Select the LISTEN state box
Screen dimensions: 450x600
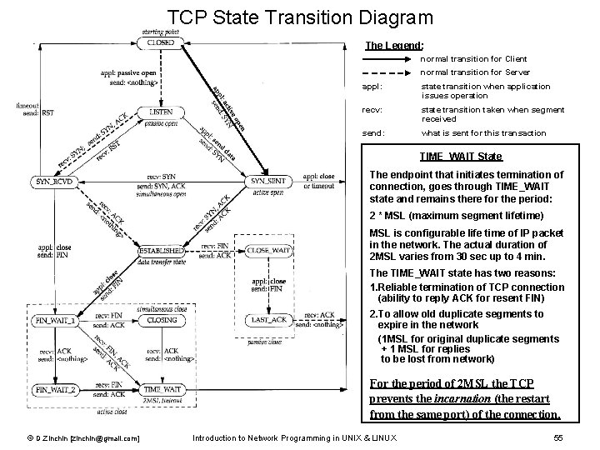pos(160,111)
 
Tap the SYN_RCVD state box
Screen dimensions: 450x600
pos(53,181)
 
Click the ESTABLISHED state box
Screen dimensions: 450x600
pos(160,249)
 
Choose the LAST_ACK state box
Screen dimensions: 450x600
pos(267,319)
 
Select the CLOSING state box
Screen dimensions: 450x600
pos(160,319)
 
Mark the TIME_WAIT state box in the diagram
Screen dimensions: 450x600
pos(160,388)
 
